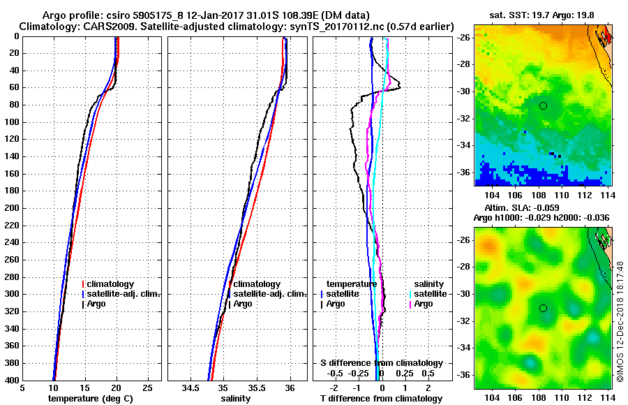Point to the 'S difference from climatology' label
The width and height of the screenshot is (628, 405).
click(x=381, y=363)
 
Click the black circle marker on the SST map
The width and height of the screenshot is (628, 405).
click(x=543, y=105)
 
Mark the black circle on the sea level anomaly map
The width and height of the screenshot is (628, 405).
click(x=543, y=308)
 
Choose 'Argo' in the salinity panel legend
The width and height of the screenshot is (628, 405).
click(x=243, y=304)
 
